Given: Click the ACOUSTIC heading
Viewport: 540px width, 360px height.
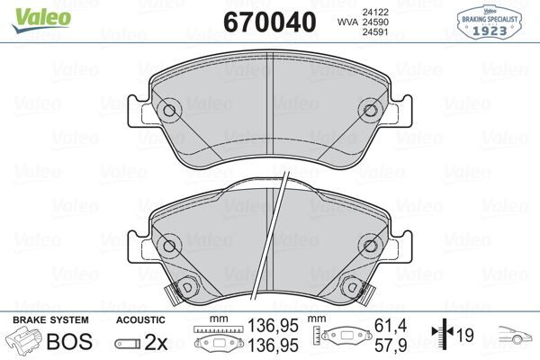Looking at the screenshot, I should [141, 319].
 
